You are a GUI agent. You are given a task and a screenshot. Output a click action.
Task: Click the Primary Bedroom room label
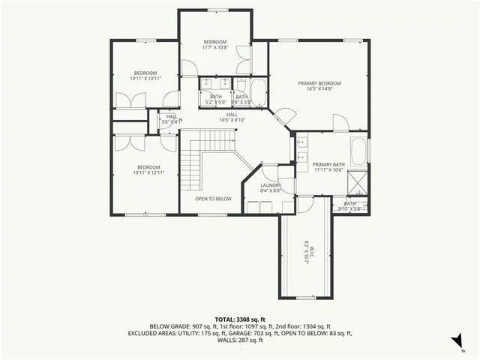(x=319, y=85)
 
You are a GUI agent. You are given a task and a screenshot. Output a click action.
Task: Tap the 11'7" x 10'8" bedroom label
(x=214, y=44)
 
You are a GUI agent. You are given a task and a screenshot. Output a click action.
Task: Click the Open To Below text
(x=213, y=199)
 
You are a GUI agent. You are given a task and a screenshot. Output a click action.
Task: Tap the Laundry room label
(x=270, y=187)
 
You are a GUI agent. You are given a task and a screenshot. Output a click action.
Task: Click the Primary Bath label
(x=328, y=166)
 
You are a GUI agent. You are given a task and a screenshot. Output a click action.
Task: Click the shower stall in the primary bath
(x=358, y=181)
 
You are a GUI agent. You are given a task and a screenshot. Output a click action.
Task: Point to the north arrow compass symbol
(x=457, y=340)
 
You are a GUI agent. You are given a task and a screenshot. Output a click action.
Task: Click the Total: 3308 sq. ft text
(x=240, y=319)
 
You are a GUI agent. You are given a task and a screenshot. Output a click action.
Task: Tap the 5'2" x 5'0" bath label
(x=216, y=99)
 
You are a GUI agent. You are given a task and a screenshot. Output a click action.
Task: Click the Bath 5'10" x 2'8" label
(x=350, y=205)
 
